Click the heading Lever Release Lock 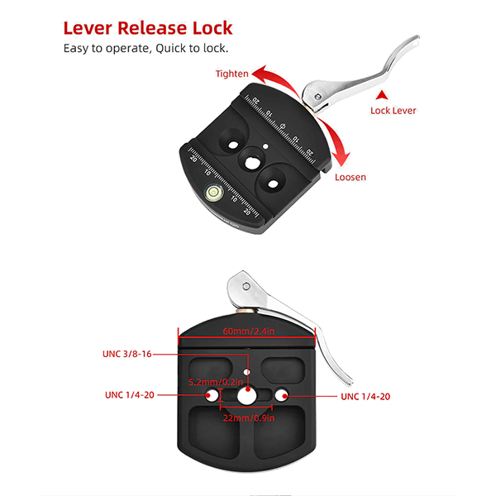[x=148, y=28]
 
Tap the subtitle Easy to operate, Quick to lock [x=145, y=49]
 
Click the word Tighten [x=231, y=74]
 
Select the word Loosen [x=351, y=177]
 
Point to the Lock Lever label [x=393, y=111]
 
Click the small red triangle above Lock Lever [x=382, y=95]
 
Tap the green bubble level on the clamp [x=214, y=192]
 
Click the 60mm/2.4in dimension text [x=249, y=331]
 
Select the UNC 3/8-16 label [x=127, y=354]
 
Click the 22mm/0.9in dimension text [x=249, y=418]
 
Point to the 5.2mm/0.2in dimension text [x=216, y=382]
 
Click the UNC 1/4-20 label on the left [x=130, y=395]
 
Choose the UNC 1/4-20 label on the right [x=365, y=397]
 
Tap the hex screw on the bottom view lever [x=246, y=287]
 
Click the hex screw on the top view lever [x=318, y=97]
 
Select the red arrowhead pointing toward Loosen [x=341, y=158]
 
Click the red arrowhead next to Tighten [x=260, y=73]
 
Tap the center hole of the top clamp [x=252, y=163]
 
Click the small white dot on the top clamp [x=265, y=146]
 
